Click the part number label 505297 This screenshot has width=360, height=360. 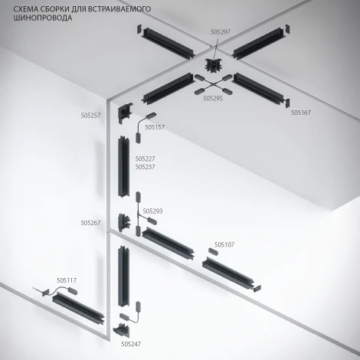click(x=221, y=32)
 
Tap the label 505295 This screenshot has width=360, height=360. click(x=213, y=98)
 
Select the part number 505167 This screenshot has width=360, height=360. click(x=301, y=113)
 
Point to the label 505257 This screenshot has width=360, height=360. click(x=90, y=116)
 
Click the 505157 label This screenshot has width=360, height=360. click(x=155, y=127)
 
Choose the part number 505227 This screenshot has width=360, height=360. click(x=145, y=159)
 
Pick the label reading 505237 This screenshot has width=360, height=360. click(x=145, y=167)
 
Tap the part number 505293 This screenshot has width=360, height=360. click(x=152, y=211)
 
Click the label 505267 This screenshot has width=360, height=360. click(x=90, y=223)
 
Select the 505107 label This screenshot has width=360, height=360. click(x=224, y=245)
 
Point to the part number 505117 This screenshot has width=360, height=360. click(x=67, y=280)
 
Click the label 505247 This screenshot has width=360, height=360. click(x=131, y=344)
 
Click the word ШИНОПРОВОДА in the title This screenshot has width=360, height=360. click(x=43, y=18)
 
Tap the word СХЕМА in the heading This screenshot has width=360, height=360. click(x=25, y=9)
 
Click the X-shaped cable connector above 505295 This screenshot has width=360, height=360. click(x=213, y=84)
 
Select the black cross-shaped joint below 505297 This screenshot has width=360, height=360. click(x=213, y=65)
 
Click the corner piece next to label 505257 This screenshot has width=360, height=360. click(x=125, y=113)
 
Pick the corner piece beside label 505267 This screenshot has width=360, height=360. click(x=124, y=222)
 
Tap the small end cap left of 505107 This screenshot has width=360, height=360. click(x=214, y=251)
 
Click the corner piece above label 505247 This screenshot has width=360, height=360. click(x=122, y=330)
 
